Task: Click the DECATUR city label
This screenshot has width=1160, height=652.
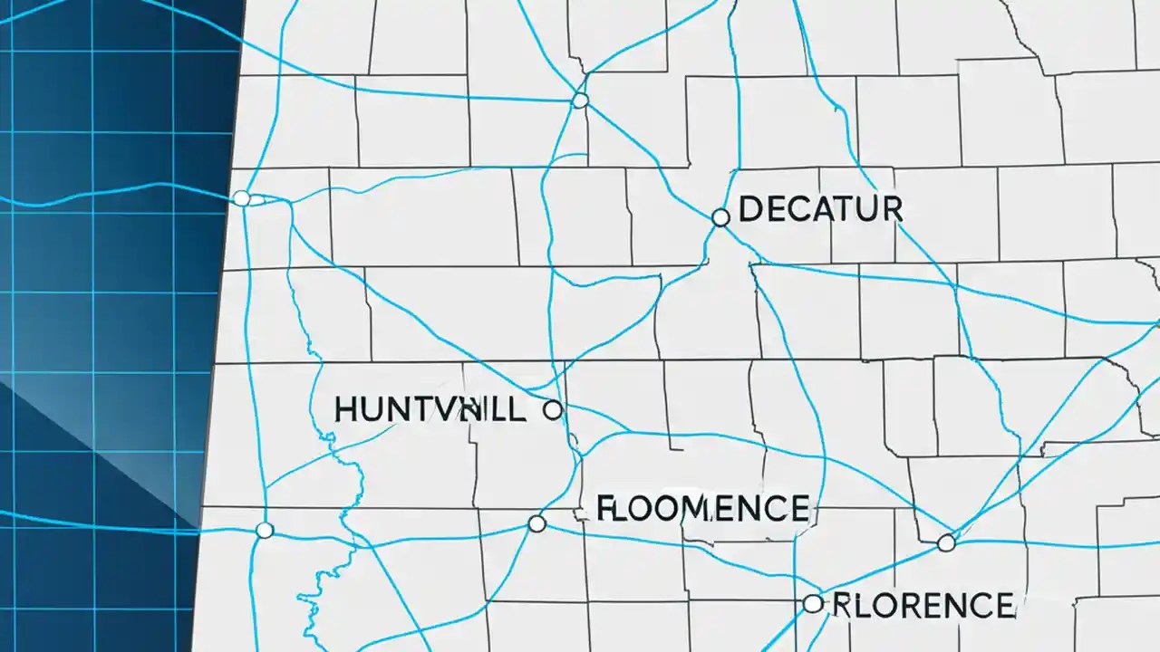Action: [x=821, y=209]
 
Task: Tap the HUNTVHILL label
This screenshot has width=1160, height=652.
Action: [x=430, y=410]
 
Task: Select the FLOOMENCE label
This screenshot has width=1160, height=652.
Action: [x=703, y=508]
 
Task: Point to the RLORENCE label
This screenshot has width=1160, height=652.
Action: [x=922, y=604]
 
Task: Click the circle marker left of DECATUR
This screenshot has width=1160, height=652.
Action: [x=720, y=217]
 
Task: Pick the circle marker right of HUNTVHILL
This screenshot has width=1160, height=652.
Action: [x=552, y=410]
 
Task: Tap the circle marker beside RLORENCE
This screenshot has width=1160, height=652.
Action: [x=813, y=604]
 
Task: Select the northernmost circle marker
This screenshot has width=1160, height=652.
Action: [x=580, y=100]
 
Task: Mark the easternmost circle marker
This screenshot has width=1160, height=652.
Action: [x=946, y=543]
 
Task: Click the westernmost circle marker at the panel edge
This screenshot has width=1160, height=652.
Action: [x=241, y=198]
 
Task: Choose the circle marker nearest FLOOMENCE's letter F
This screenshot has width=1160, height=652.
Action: [x=536, y=523]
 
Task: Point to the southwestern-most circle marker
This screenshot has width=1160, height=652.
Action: [x=264, y=530]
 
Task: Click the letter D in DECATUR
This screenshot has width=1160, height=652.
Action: [x=751, y=209]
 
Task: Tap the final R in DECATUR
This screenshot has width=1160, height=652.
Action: [x=893, y=209]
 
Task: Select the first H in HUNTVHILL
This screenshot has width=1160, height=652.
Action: [x=346, y=410]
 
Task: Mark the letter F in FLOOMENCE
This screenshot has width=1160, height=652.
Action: [x=605, y=508]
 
